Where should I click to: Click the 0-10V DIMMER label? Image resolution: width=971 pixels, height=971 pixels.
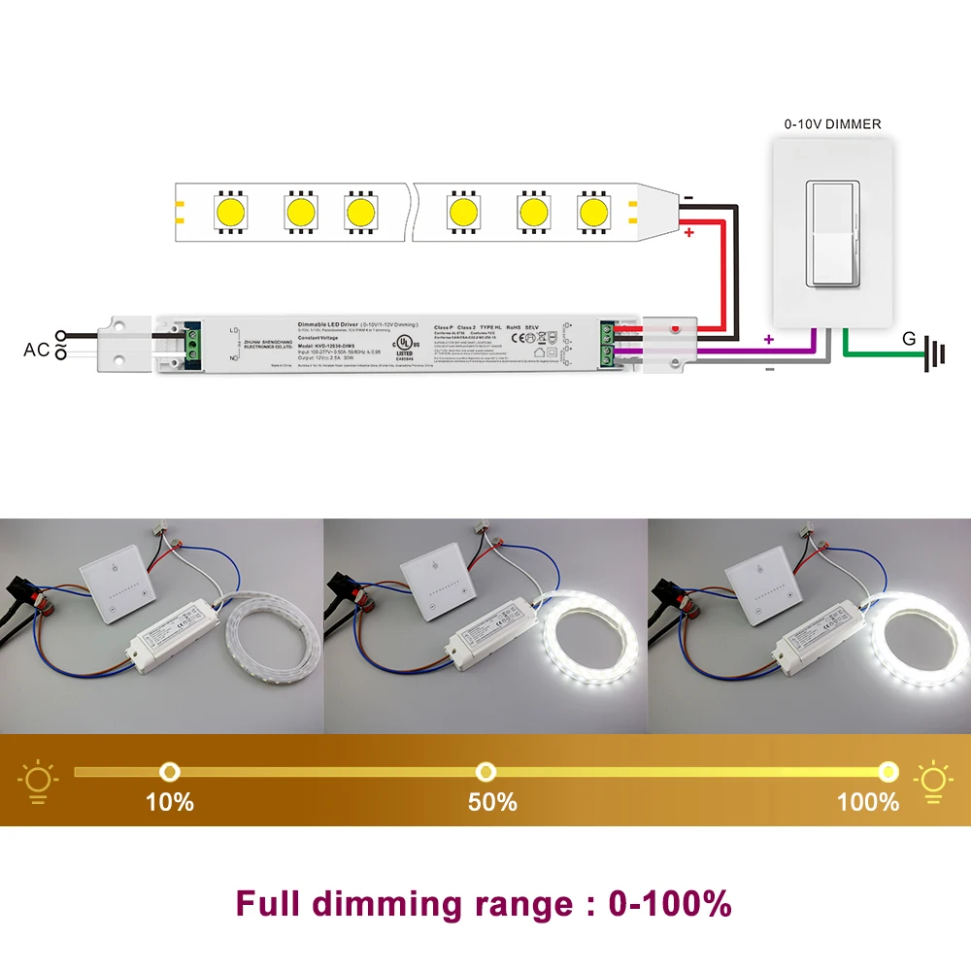[x=832, y=124]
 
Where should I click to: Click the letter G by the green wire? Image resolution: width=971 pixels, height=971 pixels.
[x=909, y=339]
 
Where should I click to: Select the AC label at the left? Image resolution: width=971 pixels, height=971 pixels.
[x=36, y=350]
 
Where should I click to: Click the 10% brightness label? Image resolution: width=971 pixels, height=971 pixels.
[x=169, y=802]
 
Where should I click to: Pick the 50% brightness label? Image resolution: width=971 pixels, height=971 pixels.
[x=492, y=802]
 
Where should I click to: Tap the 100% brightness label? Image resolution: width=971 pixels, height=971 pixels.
[x=867, y=802]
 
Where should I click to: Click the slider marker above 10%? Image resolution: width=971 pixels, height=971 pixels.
[x=170, y=772]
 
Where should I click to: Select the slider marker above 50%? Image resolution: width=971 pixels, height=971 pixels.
[x=485, y=772]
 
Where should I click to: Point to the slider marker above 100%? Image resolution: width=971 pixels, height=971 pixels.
[x=887, y=772]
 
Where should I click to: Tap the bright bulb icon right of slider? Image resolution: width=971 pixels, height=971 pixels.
[x=932, y=781]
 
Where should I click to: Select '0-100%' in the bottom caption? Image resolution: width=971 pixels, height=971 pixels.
[x=670, y=904]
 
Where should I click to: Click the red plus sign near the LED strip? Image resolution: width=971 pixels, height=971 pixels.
[x=688, y=234]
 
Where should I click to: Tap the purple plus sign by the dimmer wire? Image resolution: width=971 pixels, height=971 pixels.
[x=769, y=341]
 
